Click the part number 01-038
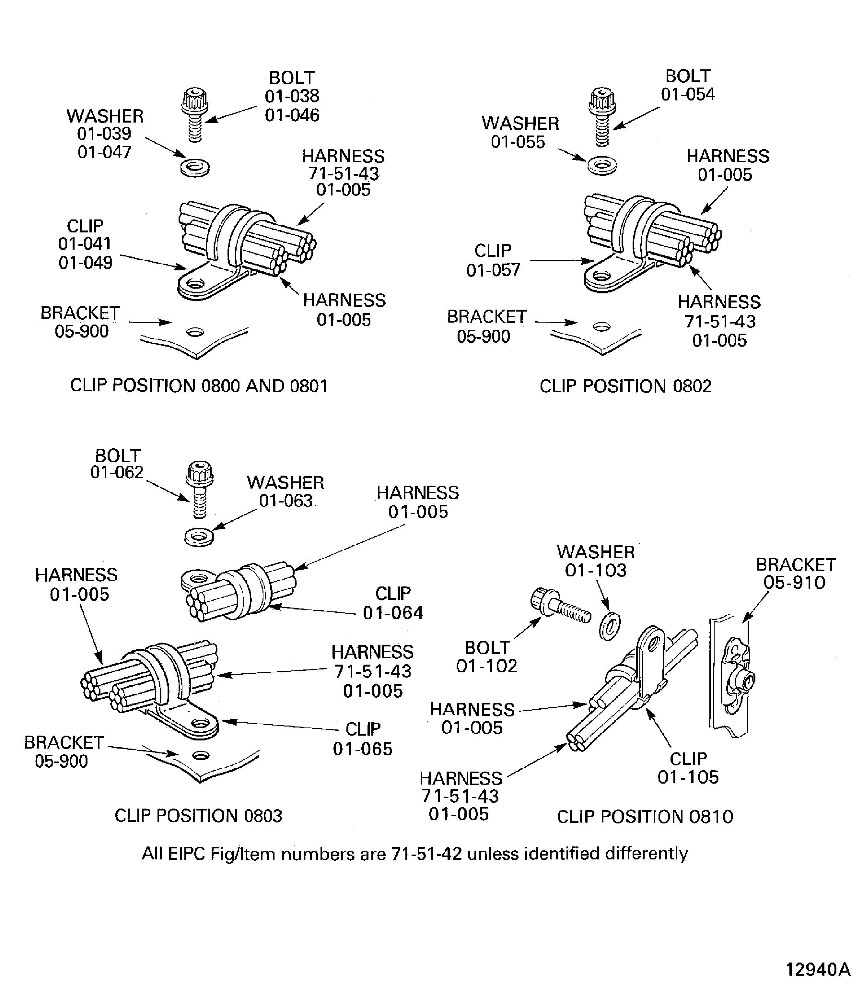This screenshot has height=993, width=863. tap(292, 96)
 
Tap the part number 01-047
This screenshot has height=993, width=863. tap(104, 152)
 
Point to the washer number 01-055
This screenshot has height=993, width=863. tap(518, 142)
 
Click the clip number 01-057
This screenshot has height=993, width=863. tap(493, 270)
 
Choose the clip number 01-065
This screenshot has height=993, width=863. tap(363, 749)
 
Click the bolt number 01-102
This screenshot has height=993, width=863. tap(486, 666)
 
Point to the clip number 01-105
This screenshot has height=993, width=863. tap(688, 777)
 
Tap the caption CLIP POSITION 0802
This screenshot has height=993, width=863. tap(625, 386)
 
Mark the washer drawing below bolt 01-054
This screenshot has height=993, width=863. tap(602, 166)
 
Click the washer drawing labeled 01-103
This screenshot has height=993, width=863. tap(610, 626)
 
